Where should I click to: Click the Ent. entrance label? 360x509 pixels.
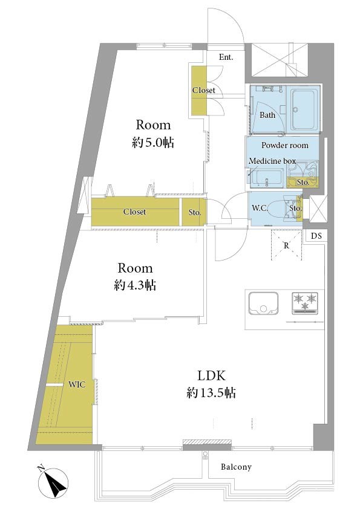click(x=226, y=57)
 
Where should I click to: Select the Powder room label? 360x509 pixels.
click(x=285, y=145)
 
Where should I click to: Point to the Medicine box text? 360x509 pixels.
click(x=272, y=161)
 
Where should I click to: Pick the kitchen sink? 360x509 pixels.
click(x=263, y=303)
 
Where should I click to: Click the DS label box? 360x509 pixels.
click(x=316, y=236)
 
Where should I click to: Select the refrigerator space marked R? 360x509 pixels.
click(x=286, y=245)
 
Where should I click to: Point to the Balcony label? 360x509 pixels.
click(x=236, y=467)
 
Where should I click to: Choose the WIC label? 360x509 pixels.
click(x=77, y=384)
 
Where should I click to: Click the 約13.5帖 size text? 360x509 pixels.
click(x=211, y=393)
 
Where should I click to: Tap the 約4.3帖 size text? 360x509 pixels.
click(x=135, y=285)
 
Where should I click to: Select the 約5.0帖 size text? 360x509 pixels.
click(x=152, y=142)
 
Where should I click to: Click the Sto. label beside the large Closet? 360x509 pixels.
click(x=195, y=212)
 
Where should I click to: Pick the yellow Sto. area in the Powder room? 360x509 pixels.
click(x=303, y=183)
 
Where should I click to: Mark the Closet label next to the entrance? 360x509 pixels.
click(x=204, y=90)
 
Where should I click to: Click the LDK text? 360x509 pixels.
click(x=211, y=375)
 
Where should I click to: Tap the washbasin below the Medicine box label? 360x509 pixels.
click(x=266, y=178)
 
